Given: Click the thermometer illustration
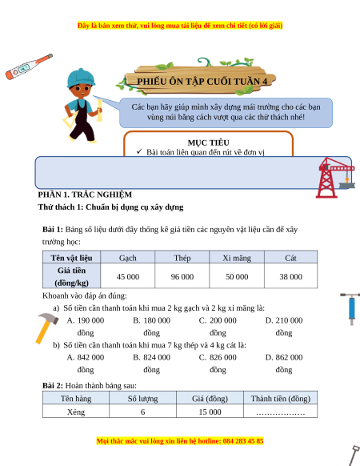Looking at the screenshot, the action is point(29,66).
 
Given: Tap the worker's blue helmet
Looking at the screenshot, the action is point(81,78).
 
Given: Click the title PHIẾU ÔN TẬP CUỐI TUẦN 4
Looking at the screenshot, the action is point(202,81).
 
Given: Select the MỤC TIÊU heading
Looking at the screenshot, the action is point(208,143).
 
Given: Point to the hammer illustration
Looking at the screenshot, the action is point(47,327).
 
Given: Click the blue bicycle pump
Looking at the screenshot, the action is point(351,309).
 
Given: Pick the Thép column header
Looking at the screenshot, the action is point(182,258).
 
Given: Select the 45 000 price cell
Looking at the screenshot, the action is point(128,277).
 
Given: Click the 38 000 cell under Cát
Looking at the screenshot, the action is point(290,277).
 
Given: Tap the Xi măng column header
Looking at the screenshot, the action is point(237,258).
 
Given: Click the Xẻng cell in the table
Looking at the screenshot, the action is point(76,412).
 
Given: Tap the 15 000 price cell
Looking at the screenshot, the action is point(210,412).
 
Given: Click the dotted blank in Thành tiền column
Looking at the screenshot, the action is point(280,413).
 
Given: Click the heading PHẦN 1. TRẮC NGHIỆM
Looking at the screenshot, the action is point(85,195).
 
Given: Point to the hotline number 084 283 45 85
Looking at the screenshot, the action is point(243,440).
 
